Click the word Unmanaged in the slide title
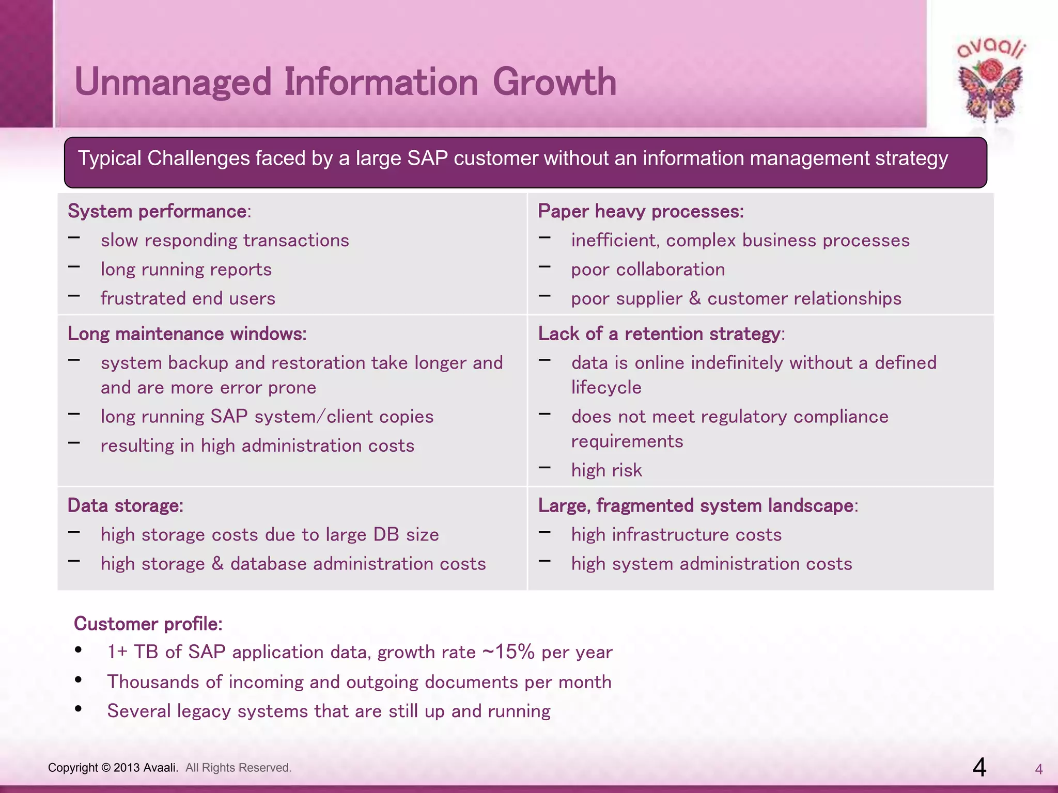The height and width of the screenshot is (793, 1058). [173, 83]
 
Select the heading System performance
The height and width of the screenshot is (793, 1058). [158, 212]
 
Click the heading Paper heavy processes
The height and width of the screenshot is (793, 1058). [641, 212]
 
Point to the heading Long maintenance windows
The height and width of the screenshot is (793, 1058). [187, 334]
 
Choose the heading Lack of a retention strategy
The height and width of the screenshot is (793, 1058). [659, 334]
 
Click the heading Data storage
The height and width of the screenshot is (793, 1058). [126, 505]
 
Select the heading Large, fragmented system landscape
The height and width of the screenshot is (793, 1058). [696, 505]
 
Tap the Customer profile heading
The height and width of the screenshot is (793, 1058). [148, 624]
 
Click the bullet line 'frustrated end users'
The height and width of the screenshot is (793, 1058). [188, 298]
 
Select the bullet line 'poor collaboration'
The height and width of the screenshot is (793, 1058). [648, 269]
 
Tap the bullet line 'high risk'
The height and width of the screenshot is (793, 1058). [606, 470]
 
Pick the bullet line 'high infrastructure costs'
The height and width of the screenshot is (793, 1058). [676, 535]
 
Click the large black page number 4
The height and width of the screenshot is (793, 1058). [979, 767]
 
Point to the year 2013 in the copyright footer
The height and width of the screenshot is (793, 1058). [127, 768]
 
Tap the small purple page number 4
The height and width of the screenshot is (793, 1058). [1039, 770]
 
